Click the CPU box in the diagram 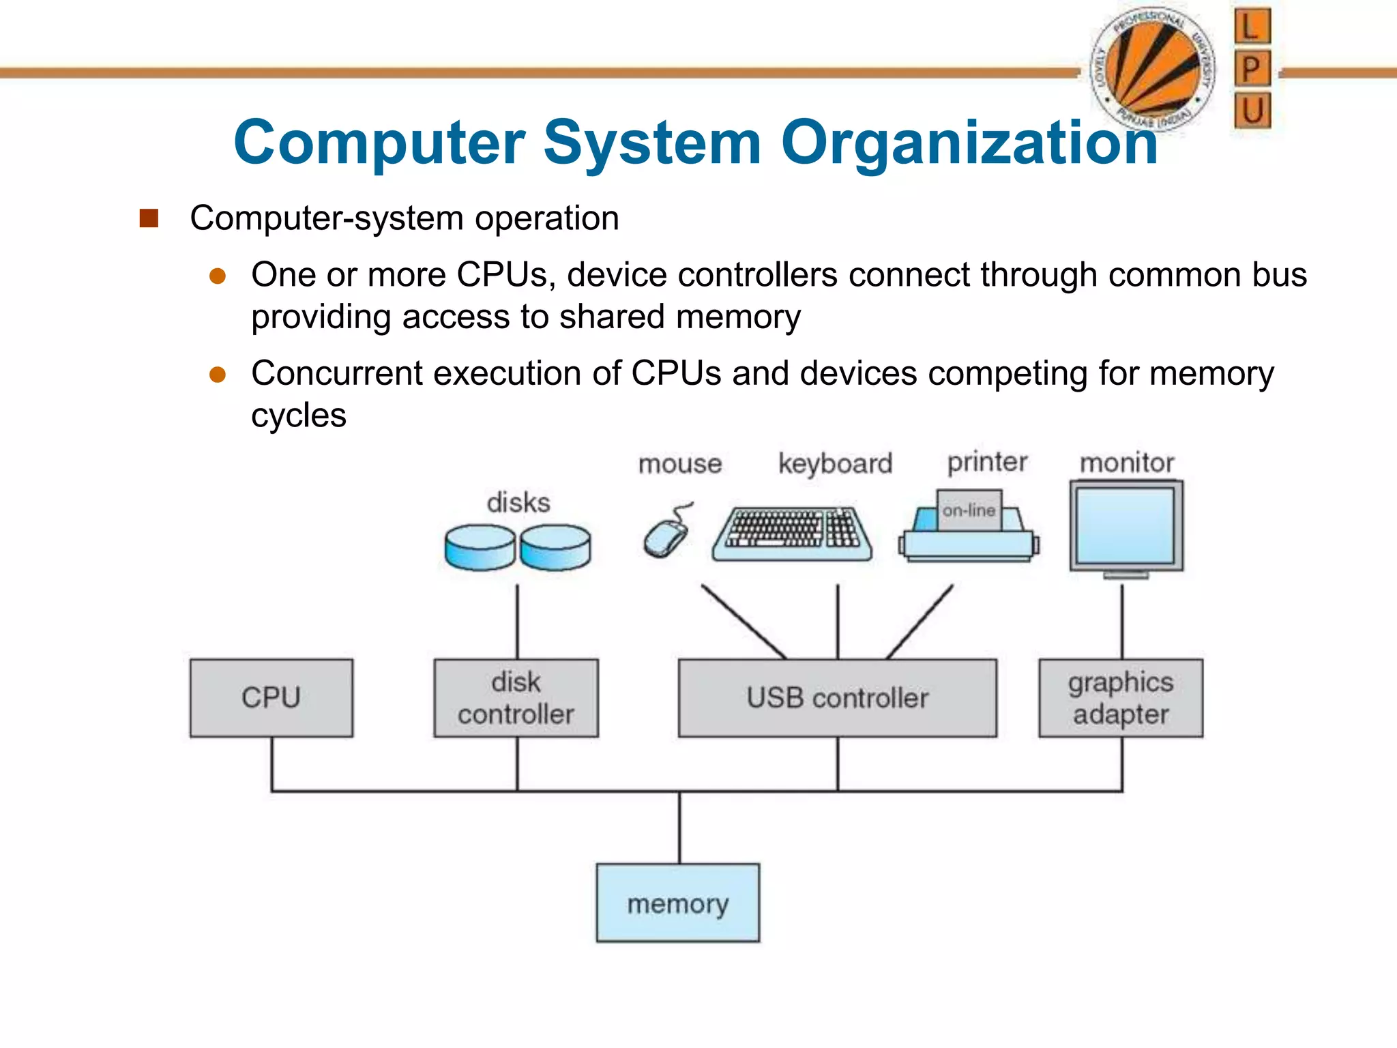tap(271, 697)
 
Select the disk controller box tap(516, 697)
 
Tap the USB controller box tap(837, 697)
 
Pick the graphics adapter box tap(1121, 697)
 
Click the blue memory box tap(678, 903)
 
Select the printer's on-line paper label tap(969, 510)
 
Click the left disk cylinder tap(480, 547)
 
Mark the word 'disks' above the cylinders tap(518, 503)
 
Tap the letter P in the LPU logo tap(1252, 68)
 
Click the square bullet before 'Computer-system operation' tap(149, 218)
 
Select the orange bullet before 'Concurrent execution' tap(218, 374)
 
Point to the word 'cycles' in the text tap(299, 416)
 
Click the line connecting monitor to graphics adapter tap(1122, 621)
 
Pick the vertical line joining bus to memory tap(679, 827)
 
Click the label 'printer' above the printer tap(987, 463)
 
